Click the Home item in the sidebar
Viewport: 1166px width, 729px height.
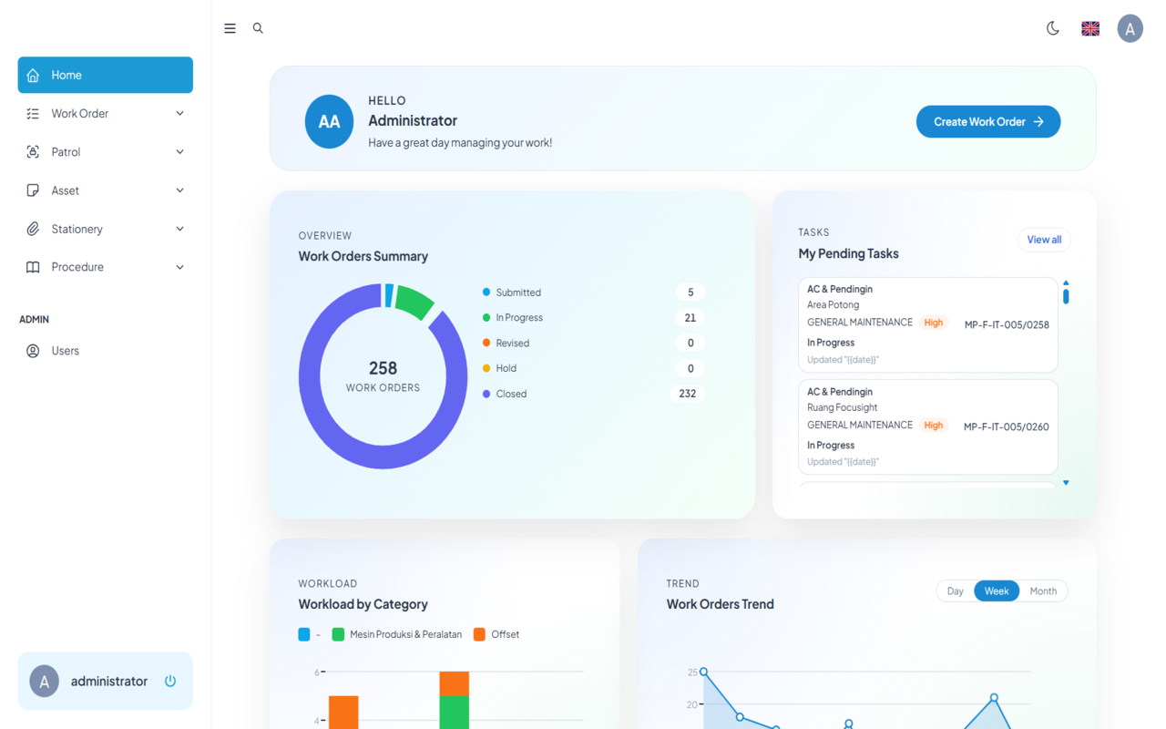coord(105,75)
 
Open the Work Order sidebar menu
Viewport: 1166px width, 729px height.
coord(105,114)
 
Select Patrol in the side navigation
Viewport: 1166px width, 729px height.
coord(105,152)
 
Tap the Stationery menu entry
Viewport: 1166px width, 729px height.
coord(105,229)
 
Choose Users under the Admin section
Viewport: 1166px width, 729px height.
coord(65,351)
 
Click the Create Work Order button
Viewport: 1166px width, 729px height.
coord(987,122)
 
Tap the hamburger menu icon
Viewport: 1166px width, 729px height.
coord(230,28)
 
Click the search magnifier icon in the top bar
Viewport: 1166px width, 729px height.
coord(258,28)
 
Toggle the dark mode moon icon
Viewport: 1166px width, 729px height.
coord(1053,28)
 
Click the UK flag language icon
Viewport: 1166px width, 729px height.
coord(1090,28)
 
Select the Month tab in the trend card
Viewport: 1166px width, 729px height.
coord(1043,591)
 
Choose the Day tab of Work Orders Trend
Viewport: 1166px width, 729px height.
coord(955,591)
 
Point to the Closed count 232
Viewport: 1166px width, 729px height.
coord(687,394)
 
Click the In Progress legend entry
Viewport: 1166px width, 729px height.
coord(518,318)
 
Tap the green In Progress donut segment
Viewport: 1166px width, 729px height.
coord(414,302)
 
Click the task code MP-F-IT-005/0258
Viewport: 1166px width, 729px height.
coord(1007,324)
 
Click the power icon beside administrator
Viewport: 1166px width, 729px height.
coord(170,681)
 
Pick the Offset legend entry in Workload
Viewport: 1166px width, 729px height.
coord(505,634)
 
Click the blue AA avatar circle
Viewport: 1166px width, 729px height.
coord(329,122)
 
